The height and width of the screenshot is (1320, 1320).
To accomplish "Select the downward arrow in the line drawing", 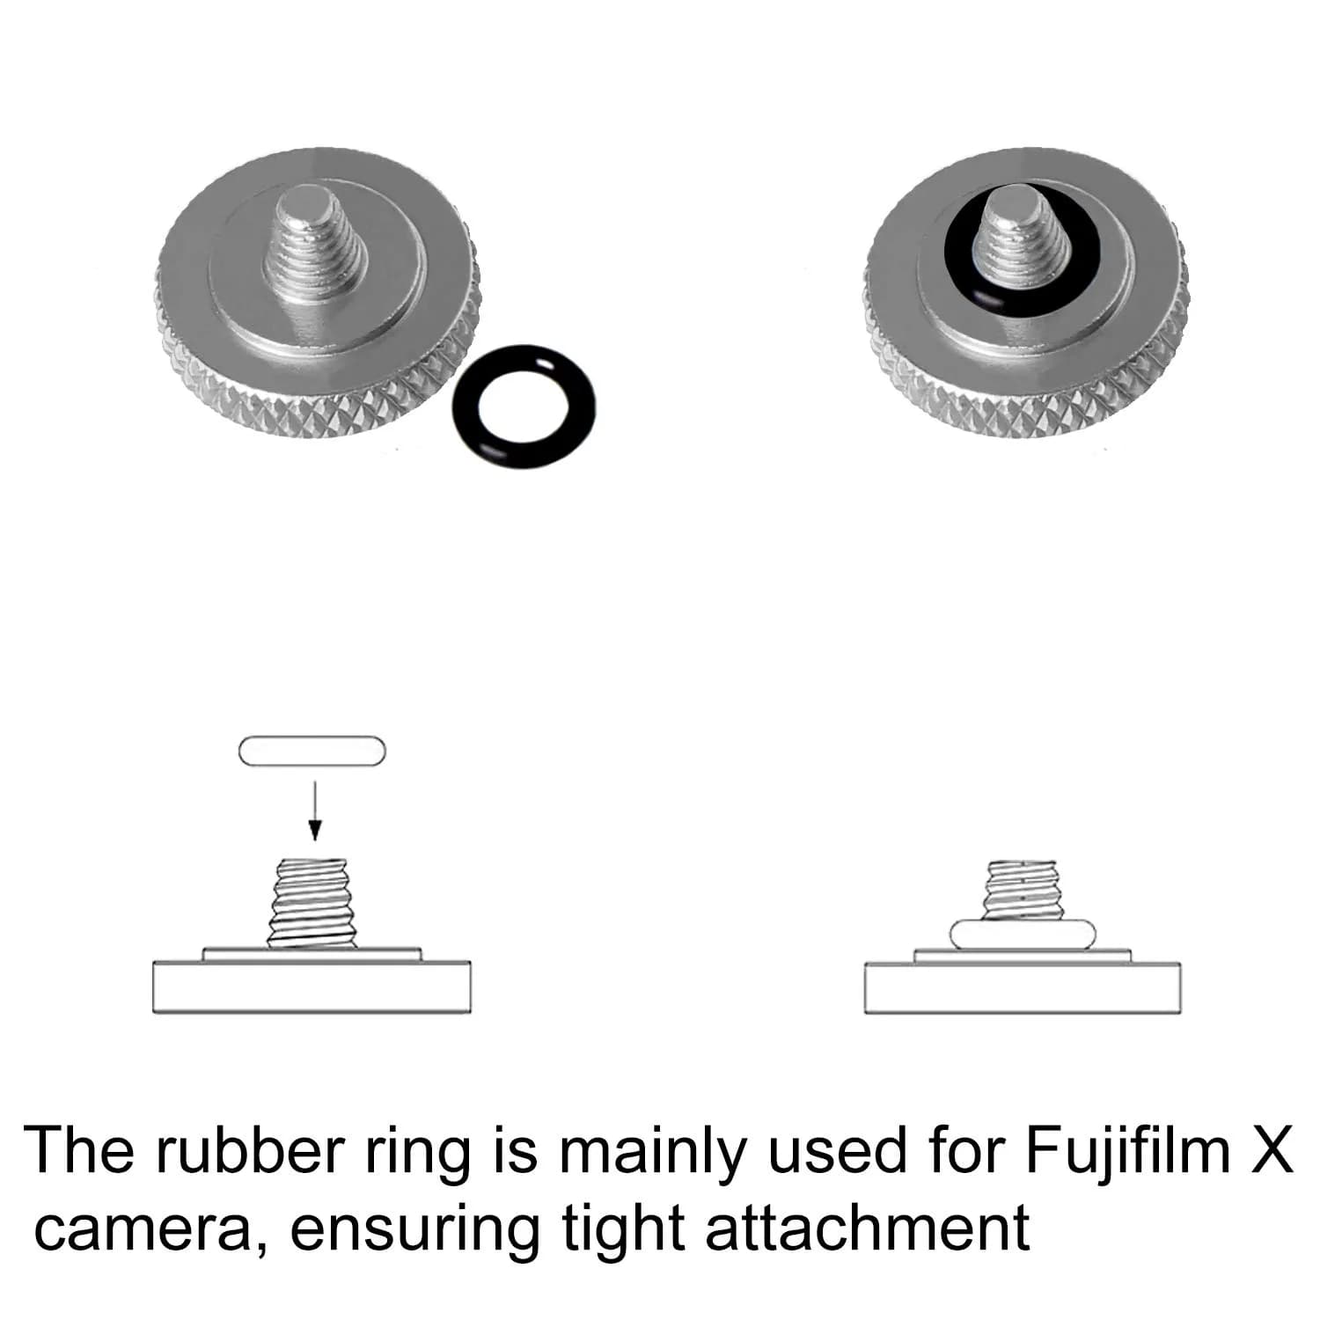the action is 315,802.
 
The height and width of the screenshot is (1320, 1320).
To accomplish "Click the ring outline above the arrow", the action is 312,737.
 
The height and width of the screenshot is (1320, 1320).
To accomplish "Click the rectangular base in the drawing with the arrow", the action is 312,989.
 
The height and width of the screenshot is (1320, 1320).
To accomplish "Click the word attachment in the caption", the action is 866,1225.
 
